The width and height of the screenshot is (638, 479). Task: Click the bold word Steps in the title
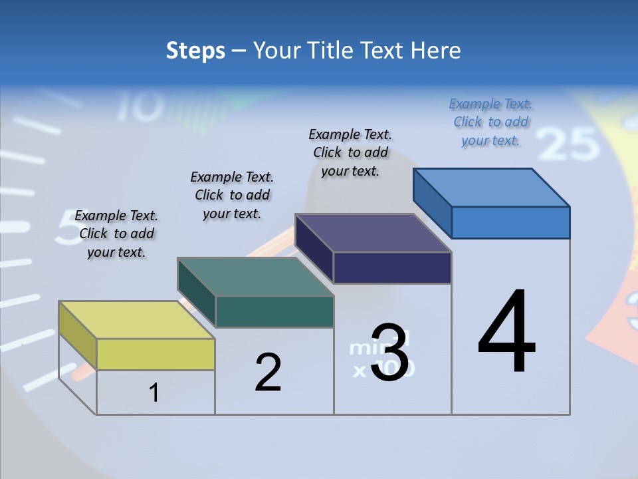195,51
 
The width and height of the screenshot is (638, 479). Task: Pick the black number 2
268,373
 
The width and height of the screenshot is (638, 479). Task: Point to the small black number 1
154,393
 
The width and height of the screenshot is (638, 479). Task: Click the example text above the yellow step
116,234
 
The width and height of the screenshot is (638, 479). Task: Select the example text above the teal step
232,195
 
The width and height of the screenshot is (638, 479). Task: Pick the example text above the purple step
350,152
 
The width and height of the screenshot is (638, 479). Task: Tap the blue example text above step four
490,122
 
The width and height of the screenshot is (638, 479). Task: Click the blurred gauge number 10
141,106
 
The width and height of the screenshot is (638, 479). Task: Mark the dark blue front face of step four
510,222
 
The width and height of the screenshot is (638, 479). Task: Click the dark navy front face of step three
392,267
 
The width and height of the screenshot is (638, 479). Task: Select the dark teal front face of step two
274,311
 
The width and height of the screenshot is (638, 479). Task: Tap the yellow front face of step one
156,354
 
